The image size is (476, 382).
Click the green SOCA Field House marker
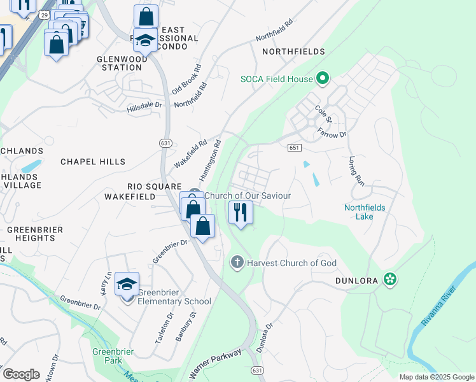tap(323, 79)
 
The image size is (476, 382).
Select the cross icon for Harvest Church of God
tap(237, 262)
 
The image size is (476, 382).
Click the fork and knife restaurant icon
tap(241, 212)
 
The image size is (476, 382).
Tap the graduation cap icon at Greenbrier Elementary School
tap(127, 285)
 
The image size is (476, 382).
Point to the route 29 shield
tap(43, 13)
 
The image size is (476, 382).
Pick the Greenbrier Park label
tap(107, 356)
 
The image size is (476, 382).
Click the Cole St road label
tap(324, 114)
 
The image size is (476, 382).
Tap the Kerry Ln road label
tap(106, 280)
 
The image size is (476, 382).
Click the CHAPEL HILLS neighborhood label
tap(93, 162)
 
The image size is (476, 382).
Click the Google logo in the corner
tap(21, 374)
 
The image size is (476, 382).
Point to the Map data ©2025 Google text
tap(437, 377)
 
